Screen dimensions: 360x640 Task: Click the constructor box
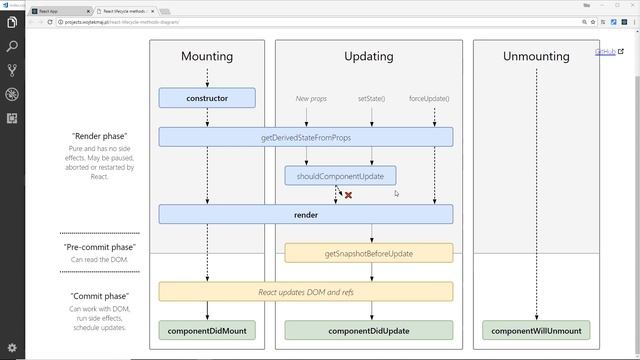click(x=207, y=98)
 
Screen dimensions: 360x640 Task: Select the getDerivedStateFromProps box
click(x=305, y=136)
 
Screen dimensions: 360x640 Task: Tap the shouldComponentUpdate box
click(x=340, y=176)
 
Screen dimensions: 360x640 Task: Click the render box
click(x=305, y=214)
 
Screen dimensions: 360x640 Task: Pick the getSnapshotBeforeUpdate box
click(x=368, y=253)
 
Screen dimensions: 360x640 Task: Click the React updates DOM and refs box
click(x=305, y=291)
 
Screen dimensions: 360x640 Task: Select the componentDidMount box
click(x=207, y=330)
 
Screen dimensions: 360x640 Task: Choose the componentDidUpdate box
click(x=368, y=330)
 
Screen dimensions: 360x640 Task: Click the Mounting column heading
click(x=207, y=57)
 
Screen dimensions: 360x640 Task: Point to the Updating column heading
click(x=368, y=57)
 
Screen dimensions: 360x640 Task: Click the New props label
click(x=311, y=99)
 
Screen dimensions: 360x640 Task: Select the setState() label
click(x=371, y=99)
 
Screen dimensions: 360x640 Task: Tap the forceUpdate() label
click(x=429, y=99)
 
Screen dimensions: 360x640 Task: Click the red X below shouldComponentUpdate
click(x=348, y=195)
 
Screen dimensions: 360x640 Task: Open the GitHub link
click(x=604, y=52)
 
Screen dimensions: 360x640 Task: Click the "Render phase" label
click(x=99, y=136)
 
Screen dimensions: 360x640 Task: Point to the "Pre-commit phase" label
click(x=99, y=247)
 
